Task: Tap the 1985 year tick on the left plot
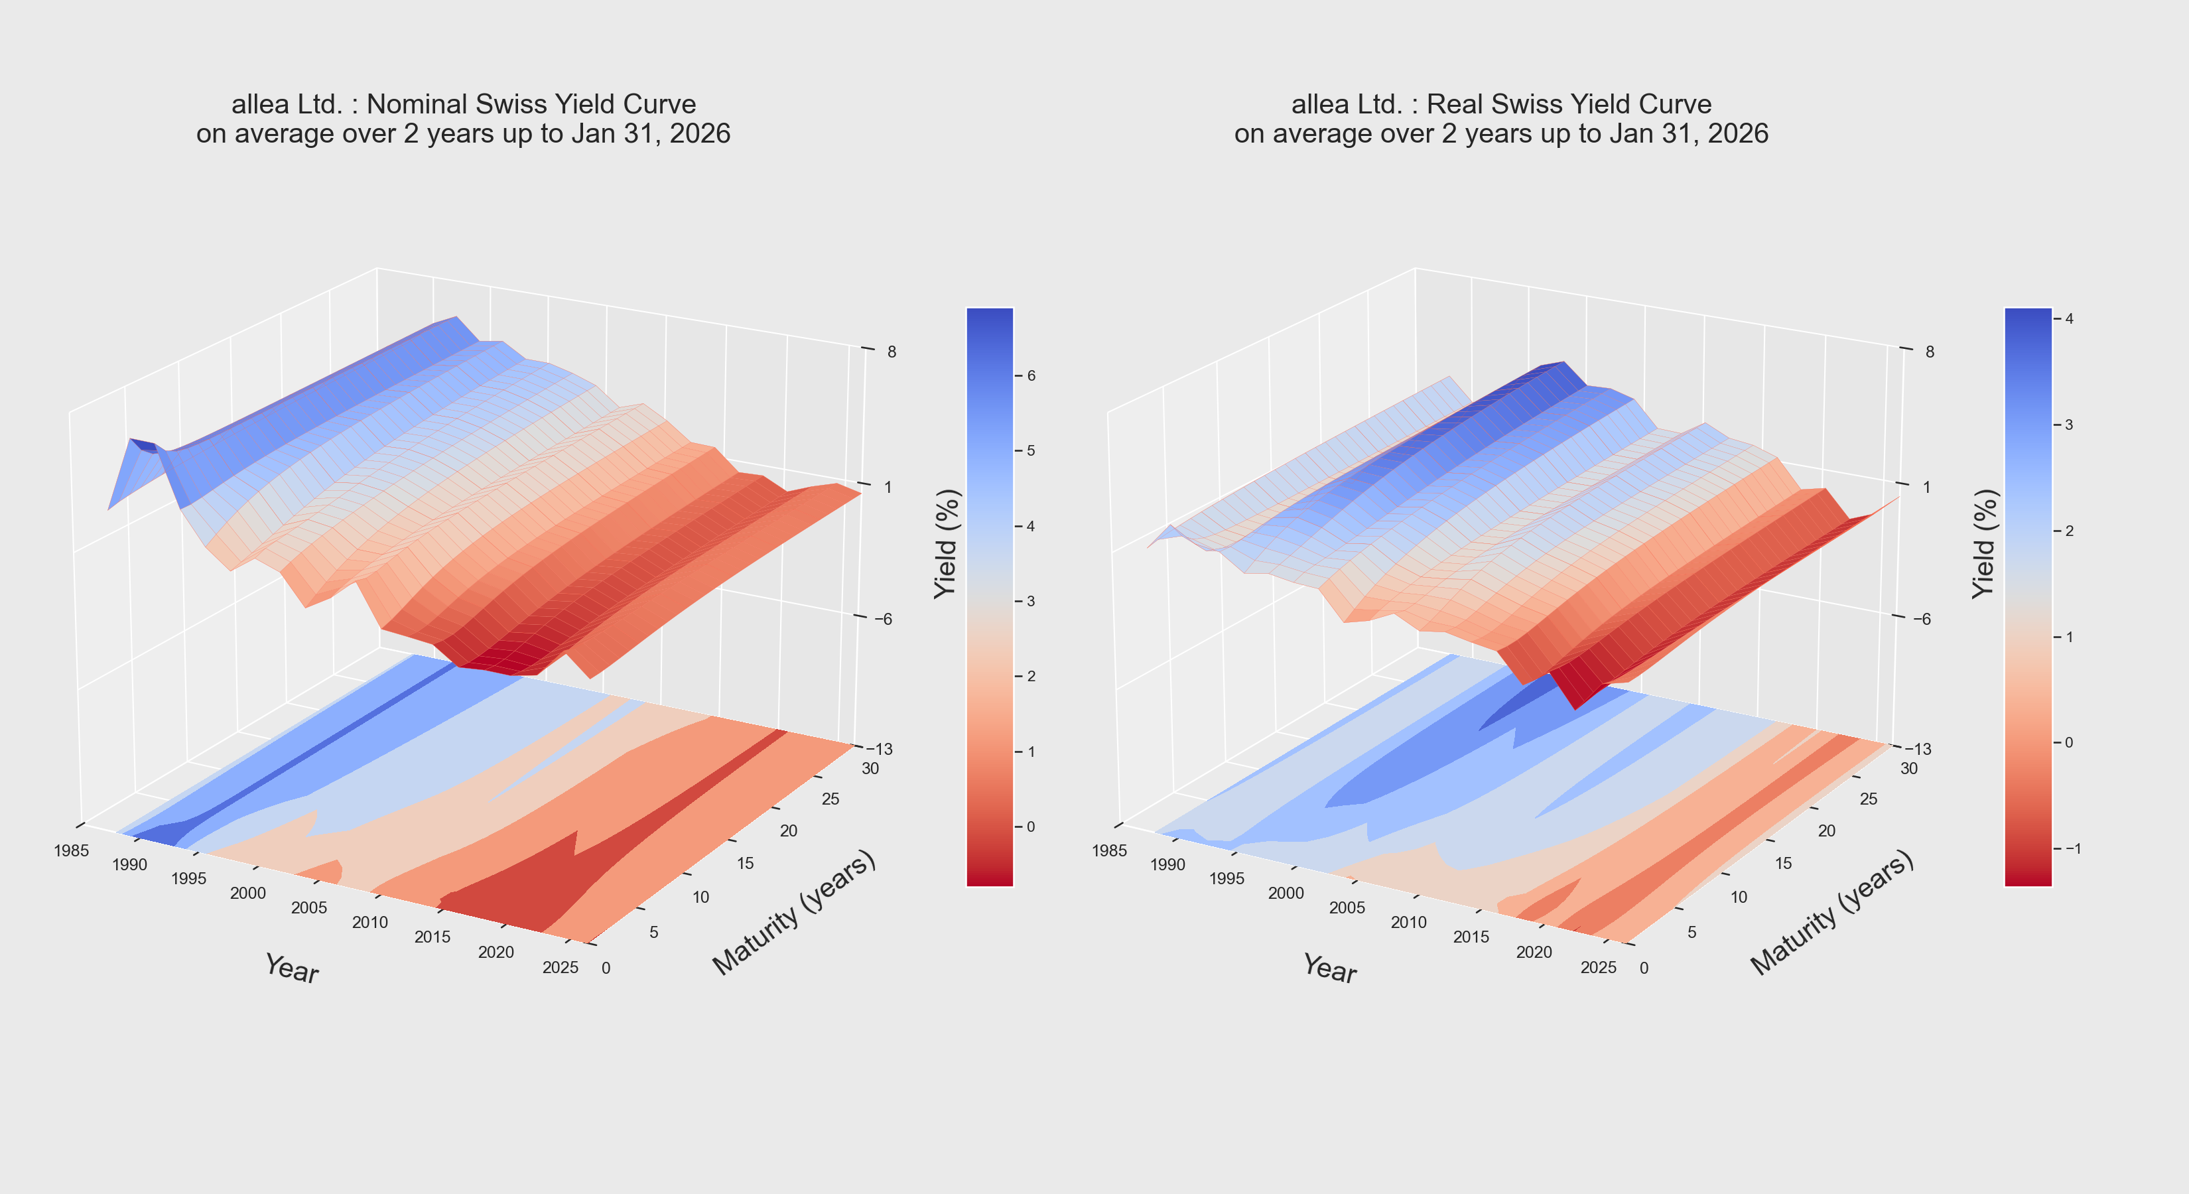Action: [x=72, y=850]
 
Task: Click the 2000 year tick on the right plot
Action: [x=1286, y=893]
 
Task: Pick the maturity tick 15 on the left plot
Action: [x=745, y=864]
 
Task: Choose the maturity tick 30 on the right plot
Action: [x=1908, y=768]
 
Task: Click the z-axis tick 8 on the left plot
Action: [x=892, y=352]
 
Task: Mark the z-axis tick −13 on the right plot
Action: [x=1918, y=749]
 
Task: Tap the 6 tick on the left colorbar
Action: [x=1031, y=375]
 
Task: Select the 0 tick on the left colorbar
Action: [x=1031, y=826]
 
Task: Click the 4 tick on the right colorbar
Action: [x=2069, y=318]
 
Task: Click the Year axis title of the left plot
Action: [x=291, y=968]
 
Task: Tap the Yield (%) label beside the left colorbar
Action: [x=946, y=544]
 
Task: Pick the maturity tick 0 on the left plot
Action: [x=605, y=968]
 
